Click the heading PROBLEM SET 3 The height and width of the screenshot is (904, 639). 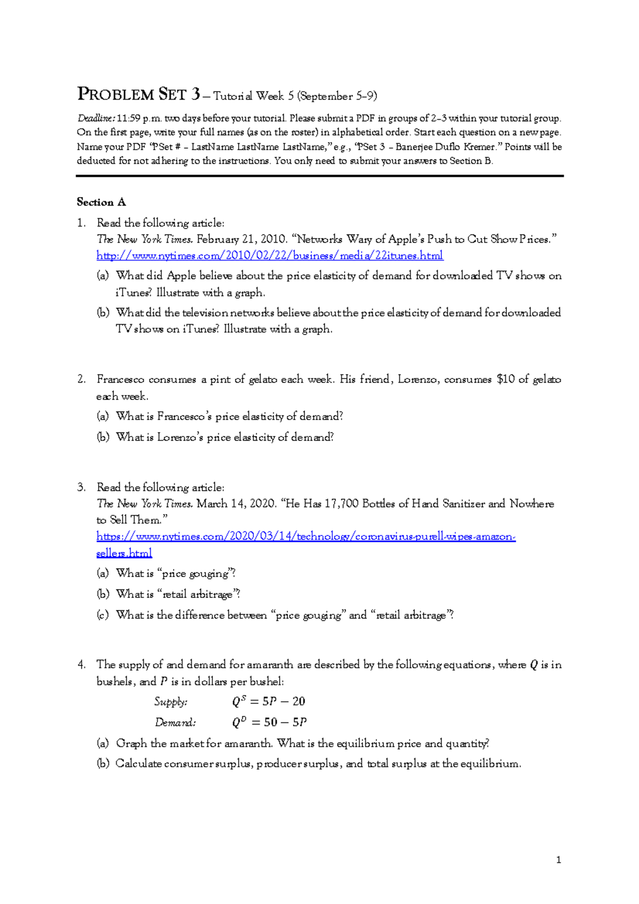pyautogui.click(x=139, y=95)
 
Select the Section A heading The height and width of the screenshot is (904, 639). pyautogui.click(x=101, y=202)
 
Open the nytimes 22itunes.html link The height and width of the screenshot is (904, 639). pyautogui.click(x=269, y=256)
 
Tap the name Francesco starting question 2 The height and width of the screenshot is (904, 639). pyautogui.click(x=120, y=380)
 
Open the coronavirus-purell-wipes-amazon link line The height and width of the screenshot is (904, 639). pyautogui.click(x=306, y=537)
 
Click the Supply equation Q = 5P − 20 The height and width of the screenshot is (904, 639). pyautogui.click(x=269, y=702)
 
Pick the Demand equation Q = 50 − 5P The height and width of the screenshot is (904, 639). pyautogui.click(x=269, y=722)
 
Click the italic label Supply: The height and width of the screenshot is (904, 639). pyautogui.click(x=171, y=702)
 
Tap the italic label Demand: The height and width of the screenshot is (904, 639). pyautogui.click(x=175, y=722)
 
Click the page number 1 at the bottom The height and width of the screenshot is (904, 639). pyautogui.click(x=558, y=860)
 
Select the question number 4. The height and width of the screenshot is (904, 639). pyautogui.click(x=81, y=664)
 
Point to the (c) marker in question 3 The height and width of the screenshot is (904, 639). pyautogui.click(x=102, y=615)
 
